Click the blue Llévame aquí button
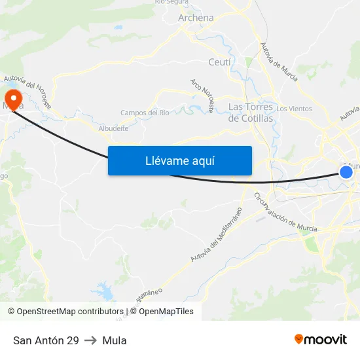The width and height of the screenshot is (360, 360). [x=179, y=160]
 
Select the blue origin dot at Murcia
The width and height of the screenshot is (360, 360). [x=346, y=171]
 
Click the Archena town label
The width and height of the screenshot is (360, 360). [x=196, y=18]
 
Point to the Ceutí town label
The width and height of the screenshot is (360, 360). [x=219, y=62]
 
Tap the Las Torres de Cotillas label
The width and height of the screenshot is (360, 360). [x=251, y=112]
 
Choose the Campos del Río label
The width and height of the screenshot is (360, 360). [x=145, y=113]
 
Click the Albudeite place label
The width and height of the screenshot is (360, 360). [x=113, y=128]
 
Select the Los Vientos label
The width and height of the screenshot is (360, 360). [x=294, y=109]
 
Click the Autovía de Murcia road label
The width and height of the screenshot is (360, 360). [x=279, y=62]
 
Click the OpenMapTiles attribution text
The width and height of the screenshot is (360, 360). [x=166, y=312]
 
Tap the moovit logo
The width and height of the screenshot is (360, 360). [x=321, y=339]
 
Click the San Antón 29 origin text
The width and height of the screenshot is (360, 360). [x=46, y=340]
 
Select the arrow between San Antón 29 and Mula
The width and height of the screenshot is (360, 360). [x=90, y=340]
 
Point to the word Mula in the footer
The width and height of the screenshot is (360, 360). [x=115, y=340]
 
